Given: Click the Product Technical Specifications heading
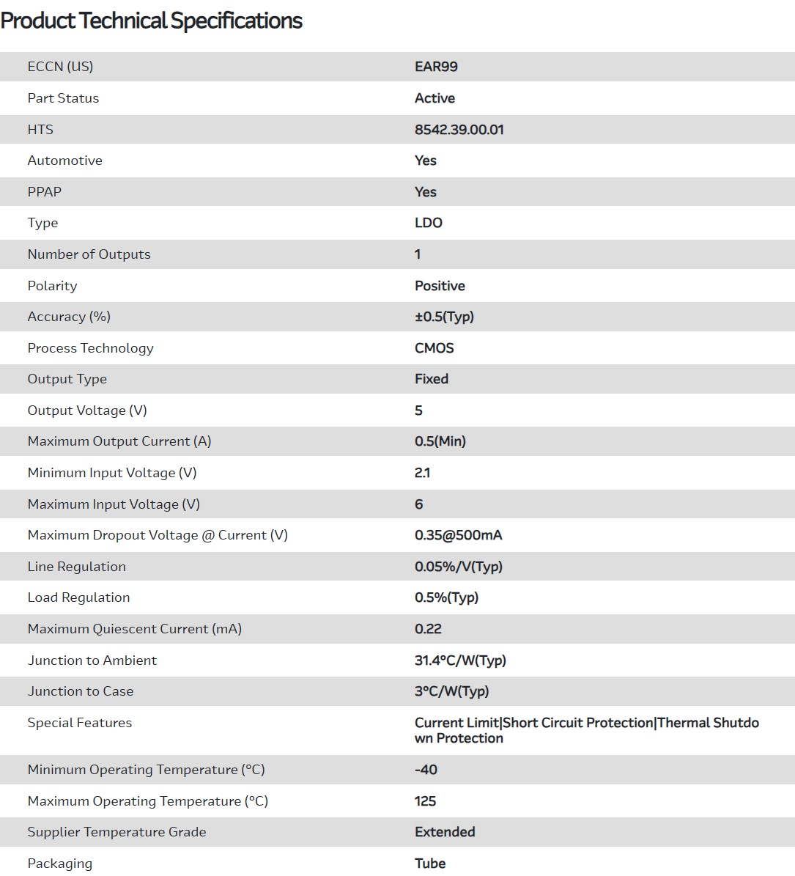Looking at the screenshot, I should coord(151,21).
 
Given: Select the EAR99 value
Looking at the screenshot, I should coord(436,67).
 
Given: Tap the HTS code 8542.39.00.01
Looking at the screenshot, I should coord(459,130).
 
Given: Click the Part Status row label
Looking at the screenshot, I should coord(63,98).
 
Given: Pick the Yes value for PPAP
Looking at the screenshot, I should coord(425,192).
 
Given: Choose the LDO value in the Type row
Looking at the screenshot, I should coord(428,223).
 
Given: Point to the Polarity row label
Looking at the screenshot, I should coord(52,286).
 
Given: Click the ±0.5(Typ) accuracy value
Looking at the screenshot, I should coord(444,317).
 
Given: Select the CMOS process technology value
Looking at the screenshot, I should coord(434,348).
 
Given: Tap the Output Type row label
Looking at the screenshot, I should coord(67,379).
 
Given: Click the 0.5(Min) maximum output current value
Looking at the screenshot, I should coord(440,441).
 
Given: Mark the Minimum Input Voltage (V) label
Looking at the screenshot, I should coord(112,473).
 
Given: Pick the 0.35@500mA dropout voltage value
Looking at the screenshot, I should coord(458,535).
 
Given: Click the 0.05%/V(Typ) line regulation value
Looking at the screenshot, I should coord(458,567).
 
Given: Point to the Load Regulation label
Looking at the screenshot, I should coord(78,597).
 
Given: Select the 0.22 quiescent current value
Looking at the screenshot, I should coord(428,629).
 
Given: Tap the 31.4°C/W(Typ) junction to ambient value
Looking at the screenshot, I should coord(460,660).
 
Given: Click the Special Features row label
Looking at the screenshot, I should coord(80,723).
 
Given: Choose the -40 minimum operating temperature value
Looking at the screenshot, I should coord(426,770).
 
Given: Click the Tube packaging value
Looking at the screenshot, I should coord(430,864).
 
